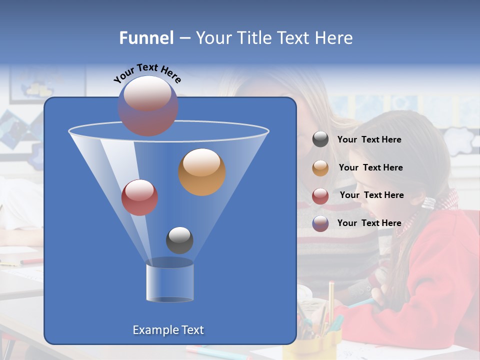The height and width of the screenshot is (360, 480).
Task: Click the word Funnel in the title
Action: pyautogui.click(x=146, y=38)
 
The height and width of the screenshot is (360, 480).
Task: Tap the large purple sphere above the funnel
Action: pyautogui.click(x=148, y=105)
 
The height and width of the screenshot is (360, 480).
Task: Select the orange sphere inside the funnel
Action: pyautogui.click(x=202, y=172)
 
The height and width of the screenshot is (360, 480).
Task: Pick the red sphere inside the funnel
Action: pyautogui.click(x=139, y=197)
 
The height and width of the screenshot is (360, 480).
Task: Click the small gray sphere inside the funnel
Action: pyautogui.click(x=179, y=240)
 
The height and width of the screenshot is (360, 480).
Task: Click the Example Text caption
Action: pyautogui.click(x=168, y=330)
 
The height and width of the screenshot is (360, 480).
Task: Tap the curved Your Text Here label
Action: pyautogui.click(x=147, y=73)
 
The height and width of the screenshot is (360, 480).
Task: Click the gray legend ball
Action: pyautogui.click(x=320, y=139)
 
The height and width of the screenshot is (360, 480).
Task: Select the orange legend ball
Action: pyautogui.click(x=320, y=168)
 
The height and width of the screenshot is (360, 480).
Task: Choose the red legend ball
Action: pyautogui.click(x=320, y=196)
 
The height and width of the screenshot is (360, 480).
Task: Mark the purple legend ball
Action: pyautogui.click(x=320, y=223)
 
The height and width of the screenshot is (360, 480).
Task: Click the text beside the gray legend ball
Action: pyautogui.click(x=369, y=140)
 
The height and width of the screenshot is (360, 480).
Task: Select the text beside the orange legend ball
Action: pyautogui.click(x=370, y=168)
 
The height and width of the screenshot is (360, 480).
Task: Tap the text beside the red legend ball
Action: pyautogui.click(x=371, y=195)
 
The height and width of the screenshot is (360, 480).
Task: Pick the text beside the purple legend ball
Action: pyautogui.click(x=369, y=223)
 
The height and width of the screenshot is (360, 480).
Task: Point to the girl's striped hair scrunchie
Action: pyautogui.click(x=428, y=202)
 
